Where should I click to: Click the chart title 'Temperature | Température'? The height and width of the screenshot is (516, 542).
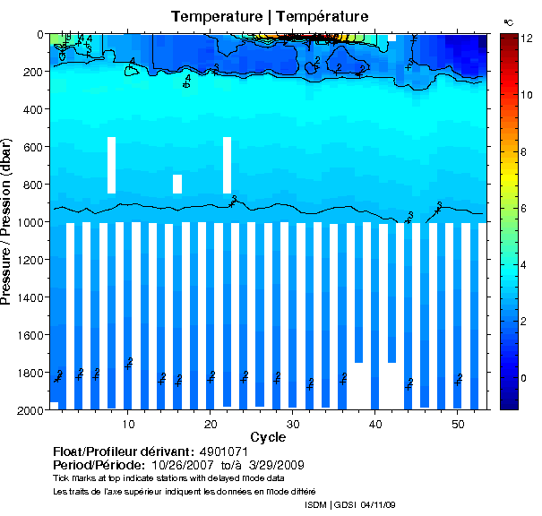coord(270,17)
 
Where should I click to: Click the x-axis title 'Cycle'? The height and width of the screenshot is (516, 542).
coord(268,437)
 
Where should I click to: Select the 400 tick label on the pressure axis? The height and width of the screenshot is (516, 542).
coord(32,109)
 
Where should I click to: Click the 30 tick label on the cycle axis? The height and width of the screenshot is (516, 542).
coord(293,422)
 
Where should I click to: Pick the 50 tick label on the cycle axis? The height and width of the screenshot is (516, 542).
coord(457,422)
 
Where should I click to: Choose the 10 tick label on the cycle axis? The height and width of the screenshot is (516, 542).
coord(129,422)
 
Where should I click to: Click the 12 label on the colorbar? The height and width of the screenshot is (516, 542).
coord(528,39)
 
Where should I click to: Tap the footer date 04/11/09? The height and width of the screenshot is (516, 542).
coord(376,505)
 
